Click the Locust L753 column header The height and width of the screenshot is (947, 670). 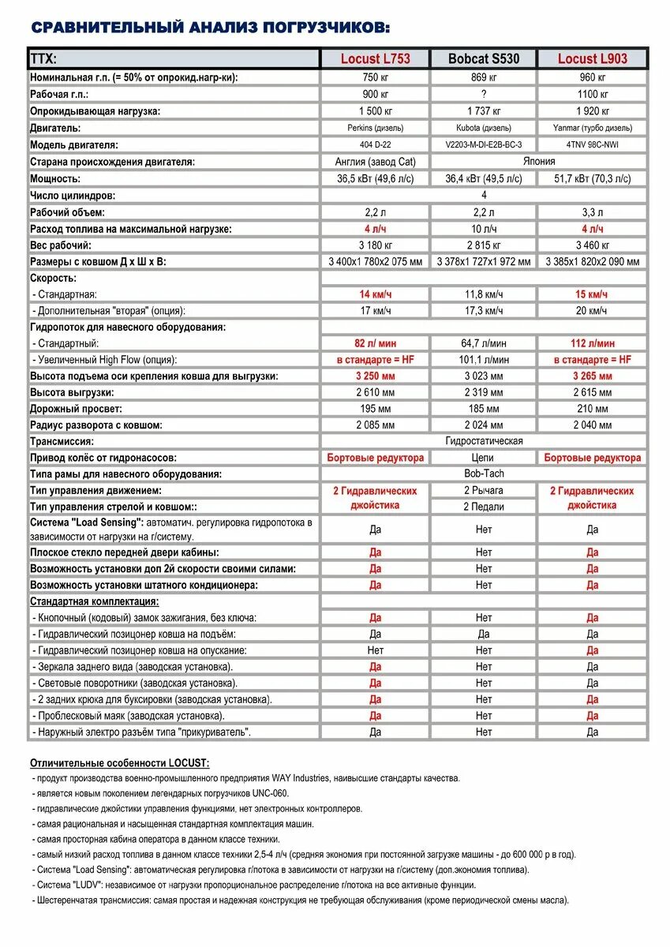[x=375, y=58]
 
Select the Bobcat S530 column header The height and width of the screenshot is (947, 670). [x=484, y=58]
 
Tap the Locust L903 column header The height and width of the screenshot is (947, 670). [x=592, y=58]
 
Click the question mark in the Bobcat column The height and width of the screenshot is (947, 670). [x=484, y=94]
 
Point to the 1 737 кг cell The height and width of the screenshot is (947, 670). [x=484, y=111]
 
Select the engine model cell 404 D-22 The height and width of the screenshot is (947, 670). [x=375, y=144]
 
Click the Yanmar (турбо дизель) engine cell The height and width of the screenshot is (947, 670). [x=592, y=128]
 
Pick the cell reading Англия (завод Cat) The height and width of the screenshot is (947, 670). [x=375, y=162]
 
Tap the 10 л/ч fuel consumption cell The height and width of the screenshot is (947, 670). [x=484, y=229]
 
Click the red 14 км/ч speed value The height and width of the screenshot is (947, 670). [x=375, y=294]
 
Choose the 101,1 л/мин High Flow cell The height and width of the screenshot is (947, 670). [x=484, y=360]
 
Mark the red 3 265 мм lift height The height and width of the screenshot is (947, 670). [x=592, y=376]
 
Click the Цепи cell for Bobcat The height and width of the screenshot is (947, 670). [x=484, y=458]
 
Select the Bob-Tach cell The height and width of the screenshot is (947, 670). [x=484, y=474]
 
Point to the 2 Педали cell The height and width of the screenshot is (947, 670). [x=484, y=507]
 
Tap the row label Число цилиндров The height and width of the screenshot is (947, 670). [x=73, y=195]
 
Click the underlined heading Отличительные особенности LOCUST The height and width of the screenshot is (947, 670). [x=119, y=763]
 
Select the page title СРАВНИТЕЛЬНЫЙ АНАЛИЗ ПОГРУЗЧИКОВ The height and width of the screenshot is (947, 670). [x=210, y=28]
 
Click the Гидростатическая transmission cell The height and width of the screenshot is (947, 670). [x=484, y=441]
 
